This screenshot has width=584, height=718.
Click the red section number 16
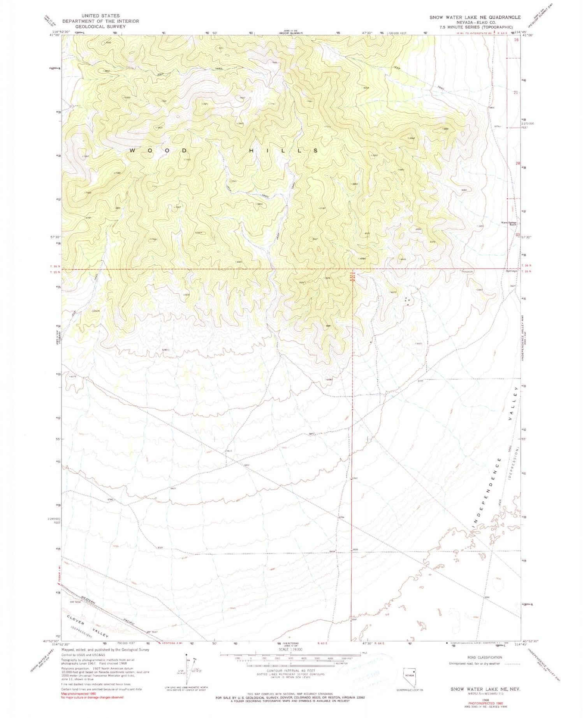516,40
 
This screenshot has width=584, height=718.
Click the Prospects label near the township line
466,272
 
